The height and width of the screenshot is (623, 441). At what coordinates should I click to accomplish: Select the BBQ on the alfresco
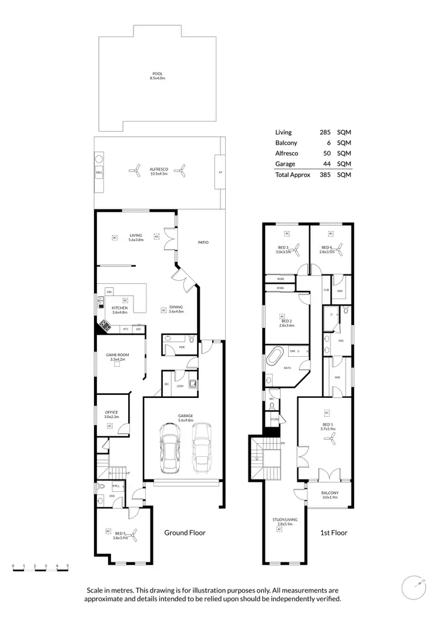99,173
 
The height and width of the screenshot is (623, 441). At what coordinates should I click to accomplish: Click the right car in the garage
201,448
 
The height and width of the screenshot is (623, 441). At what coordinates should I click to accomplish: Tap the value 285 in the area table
323,133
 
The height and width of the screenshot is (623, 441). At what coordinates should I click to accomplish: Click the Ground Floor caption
185,533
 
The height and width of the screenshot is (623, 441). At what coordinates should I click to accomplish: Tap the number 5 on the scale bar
68,566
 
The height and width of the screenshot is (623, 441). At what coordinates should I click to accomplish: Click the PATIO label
203,242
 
